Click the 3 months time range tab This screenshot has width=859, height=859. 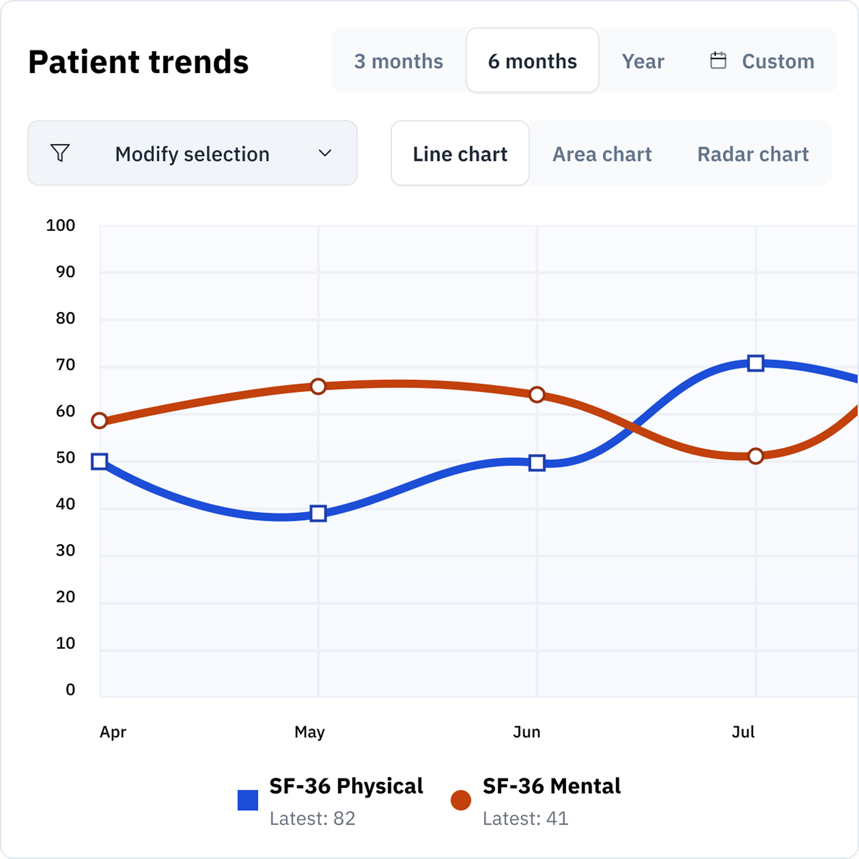pos(398,61)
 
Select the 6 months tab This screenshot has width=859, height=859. pos(532,61)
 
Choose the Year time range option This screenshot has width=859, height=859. pos(642,61)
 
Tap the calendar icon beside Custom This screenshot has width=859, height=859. pos(718,61)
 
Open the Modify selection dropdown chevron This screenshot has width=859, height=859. pos(325,153)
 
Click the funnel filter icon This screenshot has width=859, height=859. pos(60,153)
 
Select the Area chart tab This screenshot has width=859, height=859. pos(602,154)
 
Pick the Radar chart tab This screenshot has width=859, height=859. pos(753,154)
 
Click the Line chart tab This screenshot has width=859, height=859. pos(460,154)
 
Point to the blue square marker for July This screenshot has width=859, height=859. pos(755,363)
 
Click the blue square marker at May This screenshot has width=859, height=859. pos(318,513)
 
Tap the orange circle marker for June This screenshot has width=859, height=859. pos(537,394)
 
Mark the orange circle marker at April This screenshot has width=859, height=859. pos(99,421)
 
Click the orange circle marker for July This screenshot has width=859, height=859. pos(755,456)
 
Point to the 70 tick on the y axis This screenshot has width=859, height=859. pos(65,365)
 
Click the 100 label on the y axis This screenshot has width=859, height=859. pos(61,225)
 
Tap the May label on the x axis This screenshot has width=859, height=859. pos(310,732)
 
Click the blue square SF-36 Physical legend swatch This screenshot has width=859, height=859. pos(247,800)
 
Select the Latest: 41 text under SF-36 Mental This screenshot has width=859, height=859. pos(525,818)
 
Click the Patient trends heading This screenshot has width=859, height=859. pos(138,62)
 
